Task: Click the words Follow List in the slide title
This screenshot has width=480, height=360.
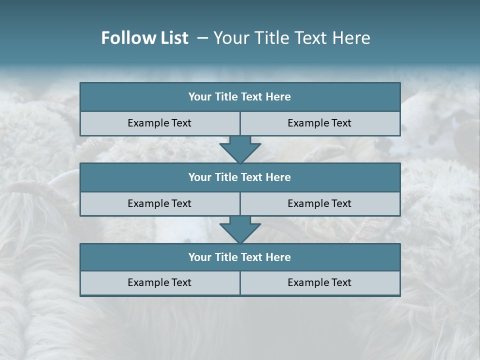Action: tap(144, 38)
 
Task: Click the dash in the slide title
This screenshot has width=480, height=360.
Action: tap(202, 38)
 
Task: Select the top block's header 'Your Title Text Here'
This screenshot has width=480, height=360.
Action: tap(239, 97)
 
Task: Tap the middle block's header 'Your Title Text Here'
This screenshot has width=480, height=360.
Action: tap(239, 177)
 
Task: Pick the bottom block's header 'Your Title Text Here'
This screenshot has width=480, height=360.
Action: tap(239, 257)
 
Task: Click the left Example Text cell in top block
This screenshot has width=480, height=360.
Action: tap(159, 123)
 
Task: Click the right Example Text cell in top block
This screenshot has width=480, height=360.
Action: tap(319, 123)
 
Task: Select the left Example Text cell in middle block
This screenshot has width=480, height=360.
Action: tap(159, 203)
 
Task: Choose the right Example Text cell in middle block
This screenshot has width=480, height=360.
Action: tap(319, 203)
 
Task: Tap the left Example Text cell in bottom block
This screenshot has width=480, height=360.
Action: tap(159, 282)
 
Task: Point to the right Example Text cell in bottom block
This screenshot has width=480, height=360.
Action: tap(319, 282)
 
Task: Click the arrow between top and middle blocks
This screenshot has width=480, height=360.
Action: tap(240, 149)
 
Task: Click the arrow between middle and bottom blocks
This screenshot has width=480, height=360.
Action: tap(240, 229)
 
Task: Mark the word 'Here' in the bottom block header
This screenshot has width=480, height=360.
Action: tap(278, 257)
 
